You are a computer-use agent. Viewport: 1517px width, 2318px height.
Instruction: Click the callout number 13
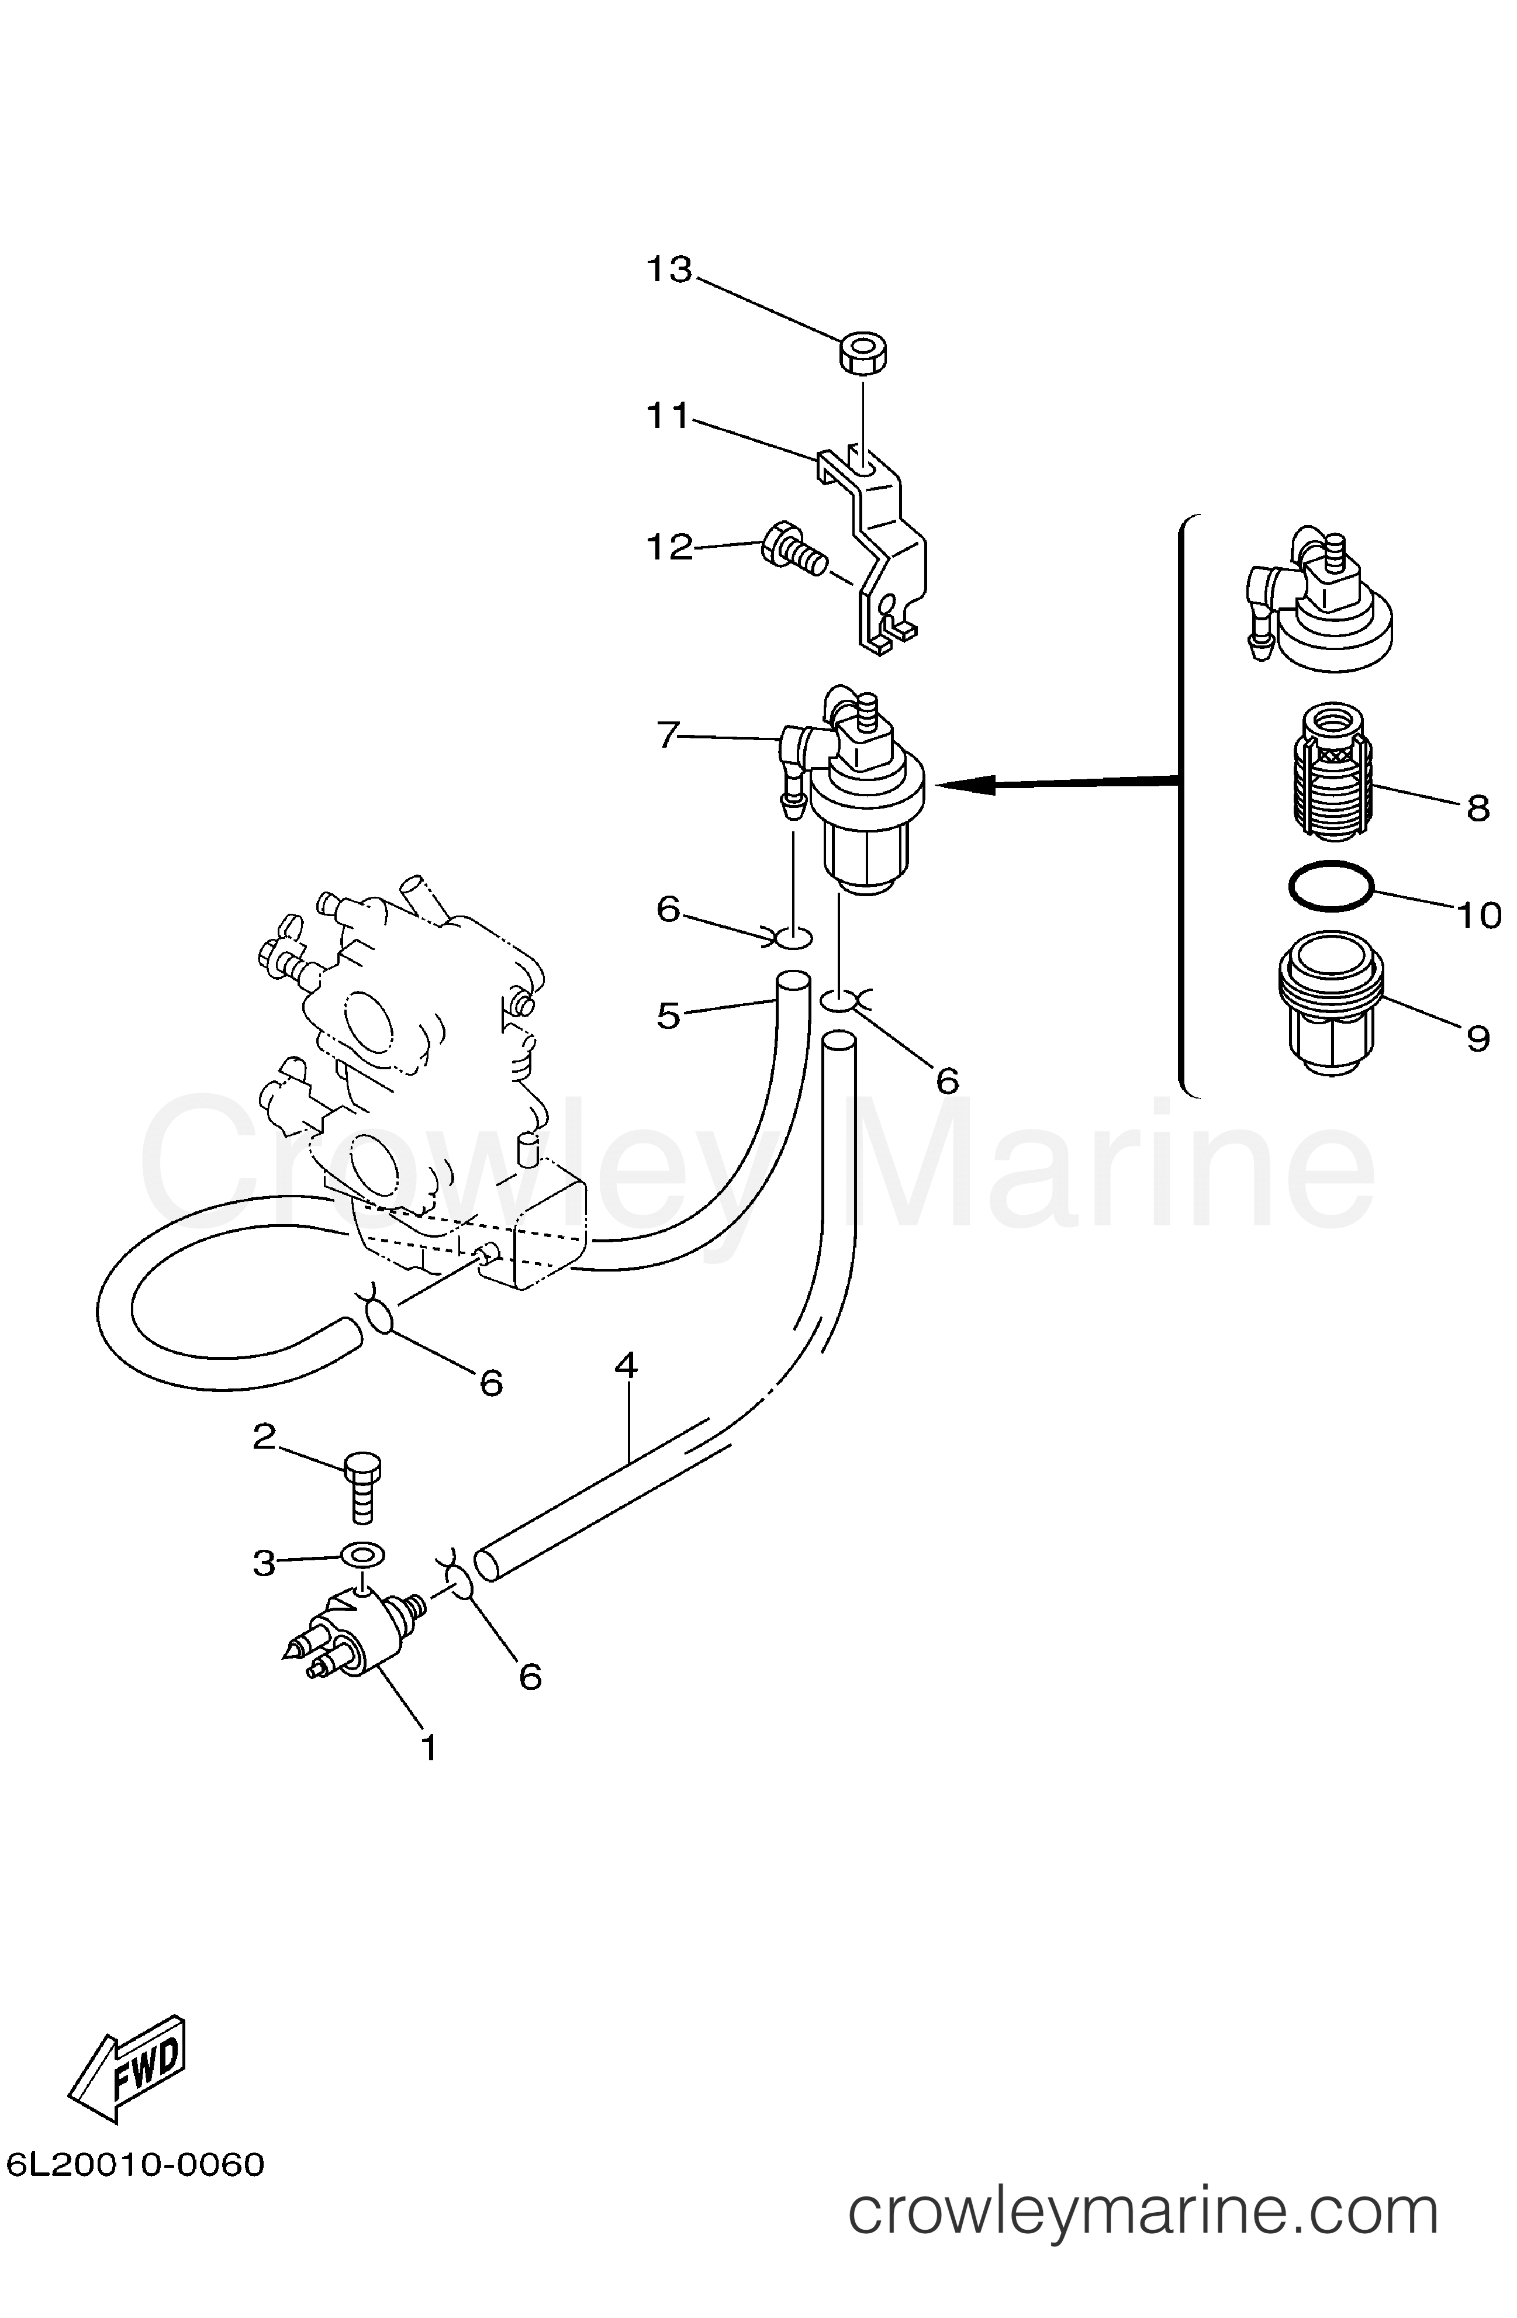coord(670,269)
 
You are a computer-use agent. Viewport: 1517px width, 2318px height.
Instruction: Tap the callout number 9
coord(1478,1039)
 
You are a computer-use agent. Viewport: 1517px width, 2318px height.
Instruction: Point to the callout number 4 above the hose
coord(626,1366)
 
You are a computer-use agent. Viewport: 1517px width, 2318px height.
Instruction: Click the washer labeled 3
coord(362,1553)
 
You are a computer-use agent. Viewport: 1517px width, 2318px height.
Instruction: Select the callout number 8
coord(1478,807)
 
